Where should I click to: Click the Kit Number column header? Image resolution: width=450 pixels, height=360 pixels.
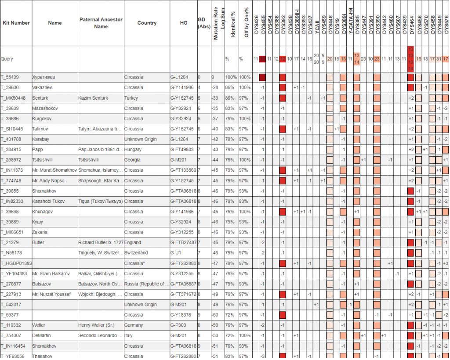click(x=16, y=23)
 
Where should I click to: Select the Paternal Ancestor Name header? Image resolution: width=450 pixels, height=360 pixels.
click(x=101, y=23)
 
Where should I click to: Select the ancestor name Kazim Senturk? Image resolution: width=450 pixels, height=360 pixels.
click(x=93, y=98)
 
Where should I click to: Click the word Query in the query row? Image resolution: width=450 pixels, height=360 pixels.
click(x=7, y=59)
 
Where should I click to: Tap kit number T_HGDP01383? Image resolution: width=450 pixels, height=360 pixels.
click(x=16, y=263)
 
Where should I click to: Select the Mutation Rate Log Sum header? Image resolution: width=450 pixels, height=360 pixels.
click(x=219, y=23)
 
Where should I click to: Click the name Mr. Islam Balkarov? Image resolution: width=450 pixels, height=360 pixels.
click(x=51, y=274)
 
